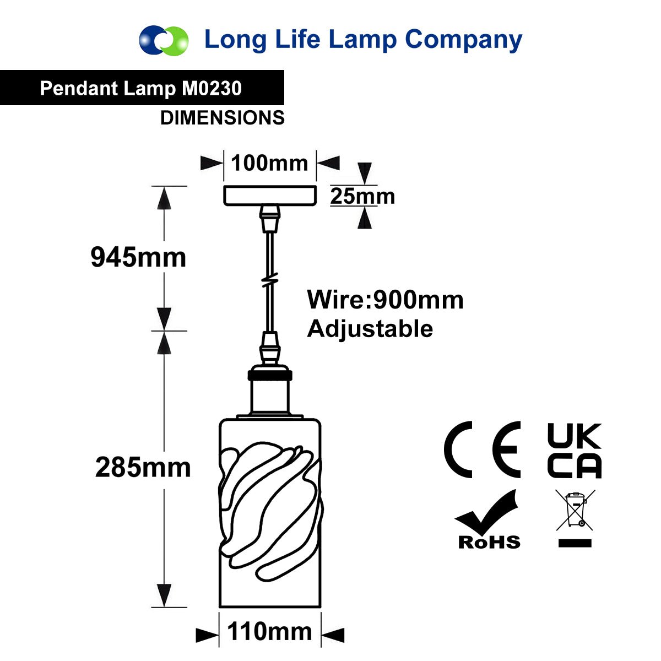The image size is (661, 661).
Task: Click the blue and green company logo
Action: [164, 40]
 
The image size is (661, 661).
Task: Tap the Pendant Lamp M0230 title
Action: [140, 88]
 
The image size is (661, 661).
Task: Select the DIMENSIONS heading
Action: [223, 118]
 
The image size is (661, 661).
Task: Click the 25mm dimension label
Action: [362, 196]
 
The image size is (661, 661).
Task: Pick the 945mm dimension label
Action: [138, 257]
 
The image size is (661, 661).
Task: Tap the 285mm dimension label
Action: [143, 467]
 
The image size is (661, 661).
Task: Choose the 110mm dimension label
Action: [269, 631]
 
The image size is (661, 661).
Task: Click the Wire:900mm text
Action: [385, 300]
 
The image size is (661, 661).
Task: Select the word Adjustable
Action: [370, 329]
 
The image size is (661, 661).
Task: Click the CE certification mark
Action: [482, 449]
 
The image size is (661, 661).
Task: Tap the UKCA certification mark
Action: [575, 451]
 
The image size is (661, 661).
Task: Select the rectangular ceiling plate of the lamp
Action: [270, 196]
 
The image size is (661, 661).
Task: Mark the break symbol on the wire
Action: [270, 279]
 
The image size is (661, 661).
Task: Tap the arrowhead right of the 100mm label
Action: [328, 162]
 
